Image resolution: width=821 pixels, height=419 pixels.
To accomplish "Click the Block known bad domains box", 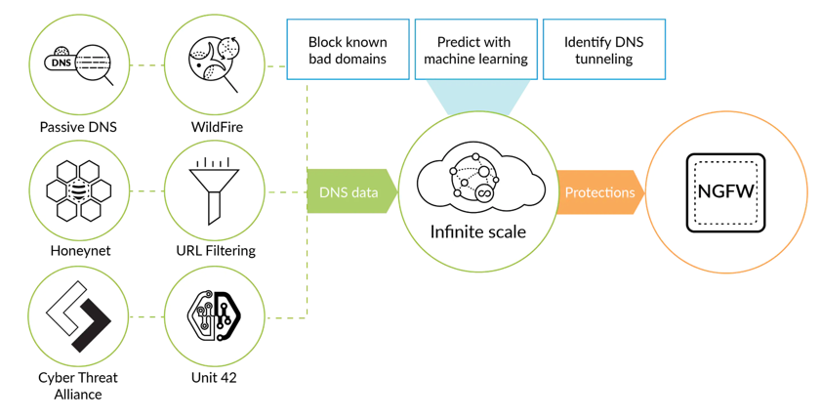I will pyautogui.click(x=348, y=50).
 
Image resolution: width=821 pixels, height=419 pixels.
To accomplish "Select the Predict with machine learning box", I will pyautogui.click(x=475, y=50).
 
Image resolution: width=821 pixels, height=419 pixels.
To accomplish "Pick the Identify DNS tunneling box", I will pyautogui.click(x=603, y=50).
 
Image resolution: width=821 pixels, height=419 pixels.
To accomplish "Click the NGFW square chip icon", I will pyautogui.click(x=725, y=191).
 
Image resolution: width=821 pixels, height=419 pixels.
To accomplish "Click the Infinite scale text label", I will pyautogui.click(x=477, y=232).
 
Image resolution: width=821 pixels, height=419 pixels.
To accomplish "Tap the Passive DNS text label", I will pyautogui.click(x=78, y=127).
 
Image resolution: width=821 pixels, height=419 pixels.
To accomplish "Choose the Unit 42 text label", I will pyautogui.click(x=215, y=377).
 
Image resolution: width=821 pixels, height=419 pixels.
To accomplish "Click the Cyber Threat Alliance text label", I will pyautogui.click(x=77, y=386).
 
